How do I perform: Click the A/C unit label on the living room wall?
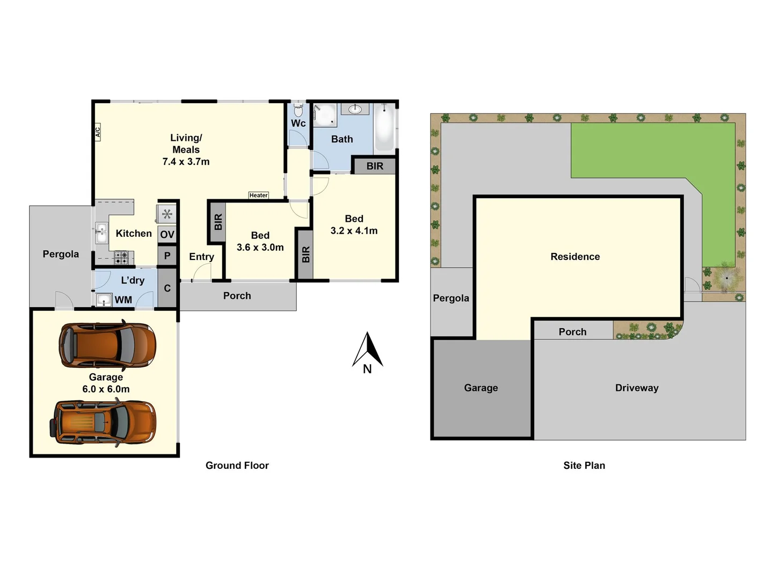pyautogui.click(x=98, y=132)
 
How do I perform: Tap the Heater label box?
pyautogui.click(x=259, y=195)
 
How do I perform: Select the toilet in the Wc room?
pyautogui.click(x=298, y=110)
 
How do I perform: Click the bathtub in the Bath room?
pyautogui.click(x=384, y=127)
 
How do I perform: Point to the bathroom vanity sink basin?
pyautogui.click(x=355, y=109)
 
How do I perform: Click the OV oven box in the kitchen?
pyautogui.click(x=167, y=234)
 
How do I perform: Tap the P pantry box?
pyautogui.click(x=167, y=256)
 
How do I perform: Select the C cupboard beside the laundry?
pyautogui.click(x=167, y=288)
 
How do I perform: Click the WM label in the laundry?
pyautogui.click(x=123, y=300)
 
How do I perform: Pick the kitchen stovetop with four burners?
pyautogui.click(x=121, y=257)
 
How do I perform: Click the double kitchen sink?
pyautogui.click(x=102, y=233)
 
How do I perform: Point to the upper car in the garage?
pyautogui.click(x=107, y=345)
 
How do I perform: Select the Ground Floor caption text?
pyautogui.click(x=237, y=466)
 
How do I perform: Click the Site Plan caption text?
pyautogui.click(x=584, y=466)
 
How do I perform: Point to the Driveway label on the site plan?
pyautogui.click(x=637, y=388)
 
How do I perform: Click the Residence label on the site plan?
pyautogui.click(x=575, y=257)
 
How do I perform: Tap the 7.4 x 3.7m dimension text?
pyautogui.click(x=186, y=162)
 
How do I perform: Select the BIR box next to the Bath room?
pyautogui.click(x=375, y=166)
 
